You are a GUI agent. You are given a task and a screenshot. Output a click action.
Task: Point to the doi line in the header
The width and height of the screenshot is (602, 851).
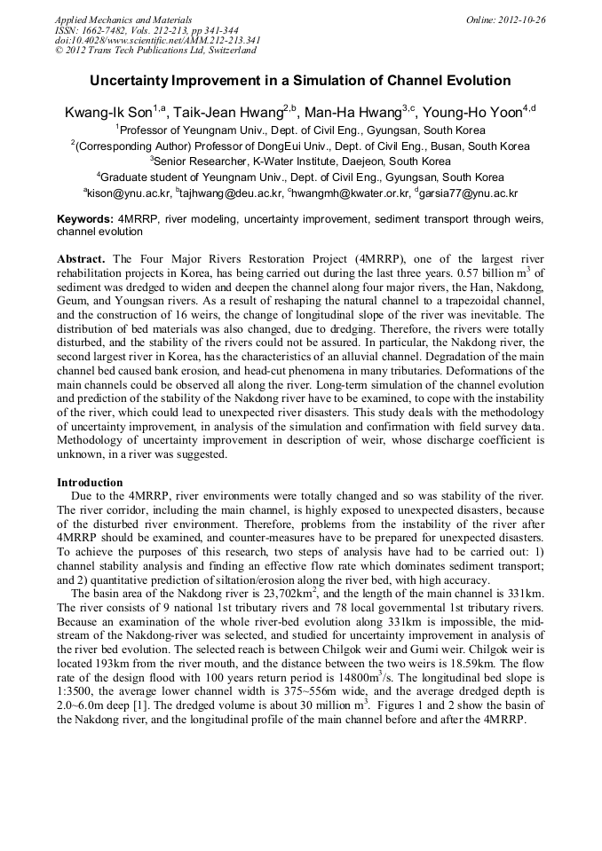pos(157,40)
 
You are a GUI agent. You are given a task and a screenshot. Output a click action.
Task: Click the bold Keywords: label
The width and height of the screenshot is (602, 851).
pos(84,218)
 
